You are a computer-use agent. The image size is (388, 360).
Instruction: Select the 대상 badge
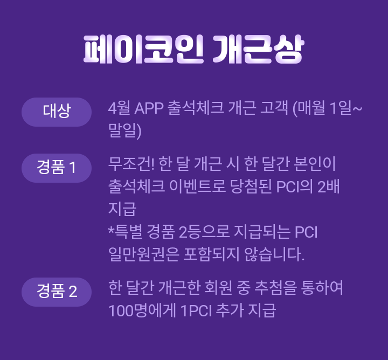coord(57,112)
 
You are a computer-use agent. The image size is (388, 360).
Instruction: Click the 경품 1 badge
coord(57,168)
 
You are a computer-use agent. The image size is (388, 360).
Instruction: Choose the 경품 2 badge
coord(57,292)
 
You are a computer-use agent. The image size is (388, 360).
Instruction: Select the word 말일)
coord(124,130)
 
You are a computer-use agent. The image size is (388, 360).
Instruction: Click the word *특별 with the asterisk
coord(123,232)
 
